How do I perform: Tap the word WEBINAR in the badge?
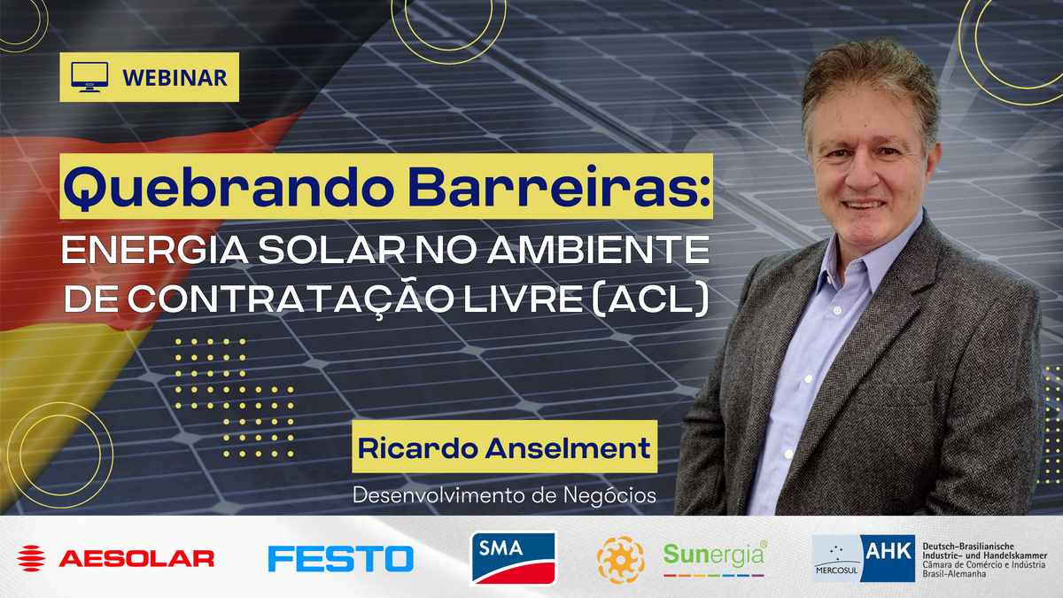pyautogui.click(x=175, y=78)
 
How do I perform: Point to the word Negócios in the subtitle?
pyautogui.click(x=609, y=494)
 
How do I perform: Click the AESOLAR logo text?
pyautogui.click(x=136, y=558)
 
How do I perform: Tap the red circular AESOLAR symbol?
pyautogui.click(x=32, y=558)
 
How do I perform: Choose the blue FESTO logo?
pyautogui.click(x=341, y=558)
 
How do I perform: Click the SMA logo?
pyautogui.click(x=513, y=557)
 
